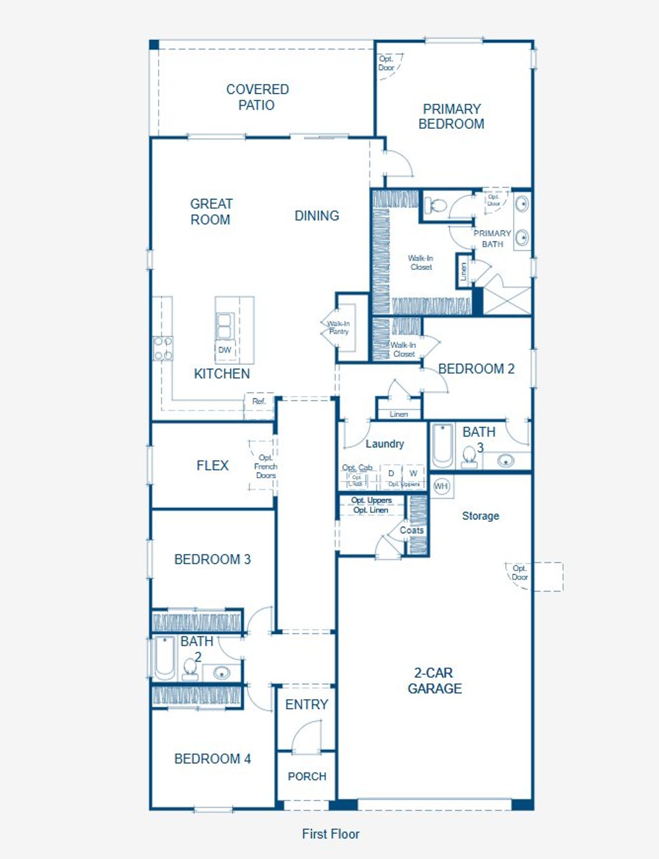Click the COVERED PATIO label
[x=257, y=97]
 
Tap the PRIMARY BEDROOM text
[x=451, y=116]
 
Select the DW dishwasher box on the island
[x=225, y=350]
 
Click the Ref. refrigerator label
[x=259, y=401]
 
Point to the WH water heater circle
[x=441, y=486]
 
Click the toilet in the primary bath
[x=436, y=206]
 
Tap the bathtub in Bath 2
[x=165, y=658]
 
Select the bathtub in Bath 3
[x=442, y=445]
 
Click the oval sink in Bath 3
[x=506, y=460]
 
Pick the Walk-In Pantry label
[x=338, y=328]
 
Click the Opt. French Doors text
[x=266, y=466]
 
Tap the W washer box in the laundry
[x=413, y=473]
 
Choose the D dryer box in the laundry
[x=391, y=473]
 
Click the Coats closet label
[x=411, y=530]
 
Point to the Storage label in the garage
[x=480, y=516]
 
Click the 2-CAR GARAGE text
[x=435, y=680]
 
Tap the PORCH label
[x=307, y=776]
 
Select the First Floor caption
[x=331, y=834]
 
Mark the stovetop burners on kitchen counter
[x=163, y=348]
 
